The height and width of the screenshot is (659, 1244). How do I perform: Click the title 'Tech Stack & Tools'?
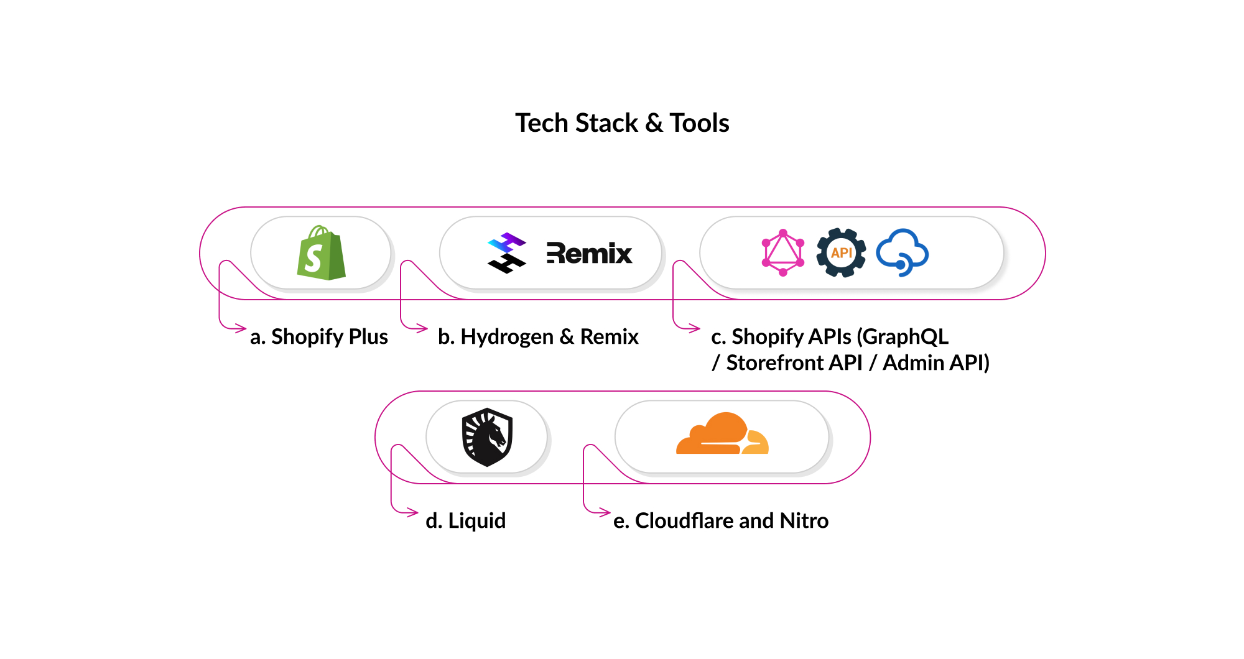pyautogui.click(x=622, y=123)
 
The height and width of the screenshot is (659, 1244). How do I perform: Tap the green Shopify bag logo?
pyautogui.click(x=321, y=254)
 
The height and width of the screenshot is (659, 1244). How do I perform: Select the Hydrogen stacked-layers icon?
pyautogui.click(x=507, y=253)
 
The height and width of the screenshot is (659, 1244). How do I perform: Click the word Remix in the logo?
pyautogui.click(x=589, y=254)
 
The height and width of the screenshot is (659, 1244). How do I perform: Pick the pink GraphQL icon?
pyautogui.click(x=783, y=253)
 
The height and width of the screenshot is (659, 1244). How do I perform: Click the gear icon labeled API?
pyautogui.click(x=841, y=253)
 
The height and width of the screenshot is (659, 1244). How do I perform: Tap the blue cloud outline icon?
pyautogui.click(x=903, y=252)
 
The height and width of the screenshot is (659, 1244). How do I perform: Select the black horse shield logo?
pyautogui.click(x=487, y=437)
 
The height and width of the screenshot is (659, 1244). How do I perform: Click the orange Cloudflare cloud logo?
pyautogui.click(x=722, y=435)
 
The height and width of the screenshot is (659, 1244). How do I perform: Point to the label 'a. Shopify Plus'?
pyautogui.click(x=318, y=337)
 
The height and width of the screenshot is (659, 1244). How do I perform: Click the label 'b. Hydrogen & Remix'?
pyautogui.click(x=538, y=337)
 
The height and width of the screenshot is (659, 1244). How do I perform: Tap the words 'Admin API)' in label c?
pyautogui.click(x=935, y=363)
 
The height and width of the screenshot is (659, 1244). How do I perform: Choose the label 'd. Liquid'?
pyautogui.click(x=465, y=521)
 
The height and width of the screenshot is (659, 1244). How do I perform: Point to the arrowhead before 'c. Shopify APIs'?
pyautogui.click(x=695, y=328)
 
